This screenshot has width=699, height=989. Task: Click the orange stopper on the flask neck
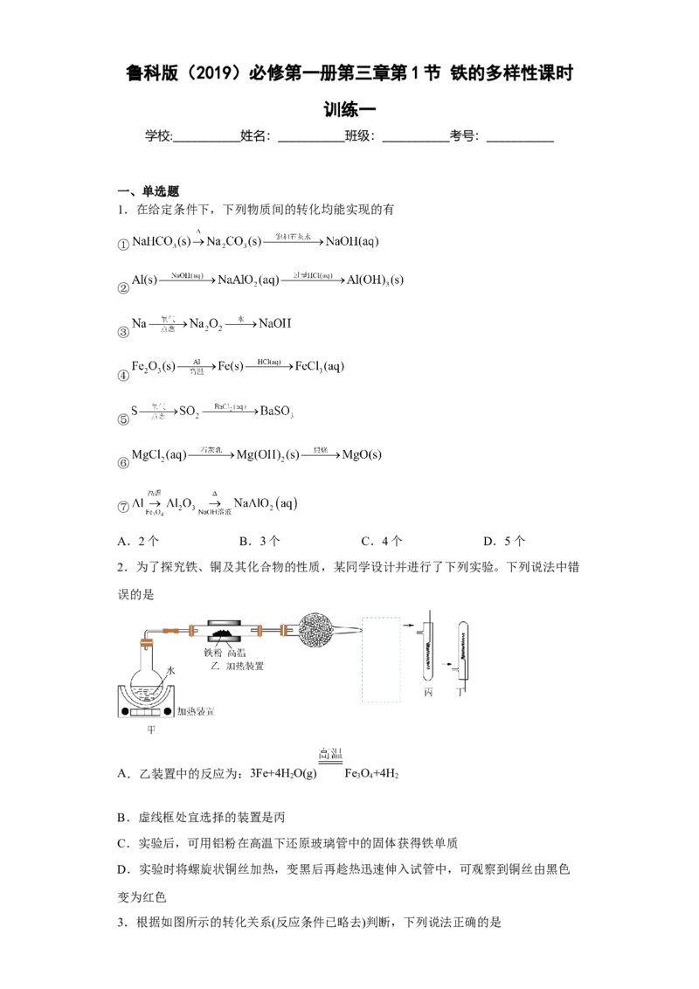[146, 644]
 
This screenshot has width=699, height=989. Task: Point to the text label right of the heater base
[196, 712]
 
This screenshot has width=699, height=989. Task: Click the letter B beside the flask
[171, 671]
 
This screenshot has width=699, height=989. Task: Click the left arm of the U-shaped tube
[427, 655]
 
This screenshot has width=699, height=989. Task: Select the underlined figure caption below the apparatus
[329, 756]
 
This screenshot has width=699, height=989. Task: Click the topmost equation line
[253, 239]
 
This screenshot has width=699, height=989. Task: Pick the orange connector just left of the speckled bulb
[283, 630]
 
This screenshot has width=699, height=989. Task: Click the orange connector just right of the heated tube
[261, 630]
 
